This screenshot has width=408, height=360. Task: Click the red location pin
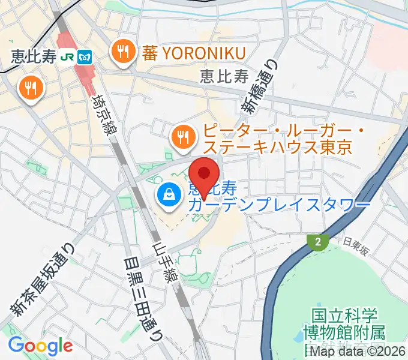click(204, 173)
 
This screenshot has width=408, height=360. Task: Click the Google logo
click(40, 345)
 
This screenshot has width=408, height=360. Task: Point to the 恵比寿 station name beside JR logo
click(34, 56)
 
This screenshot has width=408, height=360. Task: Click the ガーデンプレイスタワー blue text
click(279, 205)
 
